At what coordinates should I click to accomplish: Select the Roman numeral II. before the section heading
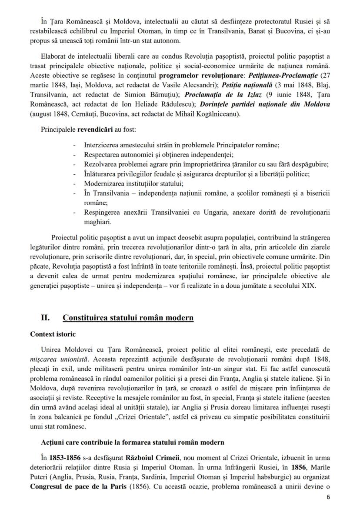coord(46,317)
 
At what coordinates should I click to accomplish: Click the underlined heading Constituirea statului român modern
coord(128,317)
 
